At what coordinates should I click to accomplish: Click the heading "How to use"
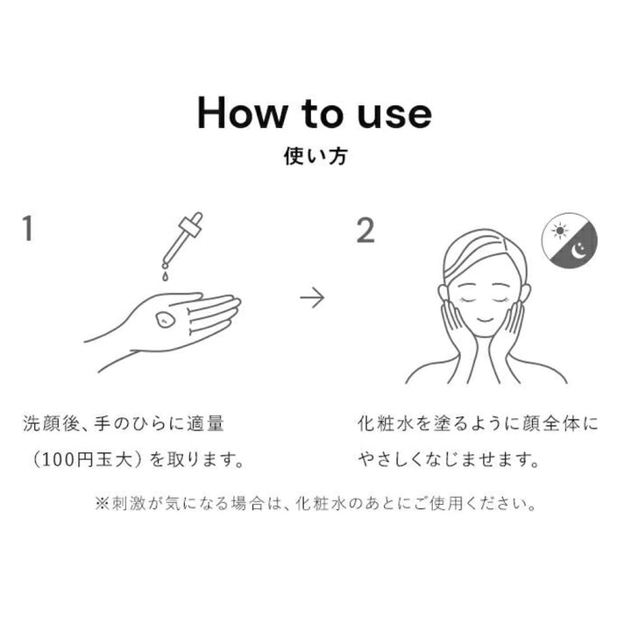pos(315,113)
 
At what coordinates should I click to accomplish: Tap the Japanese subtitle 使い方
pos(315,156)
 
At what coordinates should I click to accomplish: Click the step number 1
pos(27,228)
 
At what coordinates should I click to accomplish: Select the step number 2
pos(365,230)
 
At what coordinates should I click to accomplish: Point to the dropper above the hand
pos(182,239)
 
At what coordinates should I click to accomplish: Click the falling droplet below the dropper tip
pos(165,276)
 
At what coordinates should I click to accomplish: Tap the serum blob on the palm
pos(165,320)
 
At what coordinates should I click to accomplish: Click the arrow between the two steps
pos(312,298)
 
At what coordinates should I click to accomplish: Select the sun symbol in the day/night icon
pos(560,230)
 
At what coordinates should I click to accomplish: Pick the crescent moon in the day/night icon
pos(579,251)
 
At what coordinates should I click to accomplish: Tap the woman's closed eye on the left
pos(468,301)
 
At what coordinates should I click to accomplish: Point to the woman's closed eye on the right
pos(503,301)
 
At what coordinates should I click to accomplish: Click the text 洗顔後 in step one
pos(52,424)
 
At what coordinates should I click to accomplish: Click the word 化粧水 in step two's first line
pos(386,424)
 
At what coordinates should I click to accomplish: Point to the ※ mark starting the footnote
pos(103,503)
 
